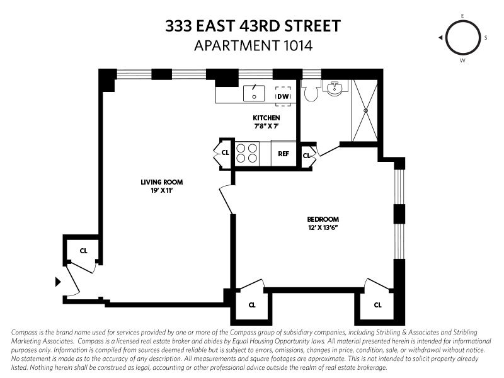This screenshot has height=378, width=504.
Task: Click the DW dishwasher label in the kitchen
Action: [x=283, y=96]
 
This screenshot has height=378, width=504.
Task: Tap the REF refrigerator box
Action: [x=283, y=153]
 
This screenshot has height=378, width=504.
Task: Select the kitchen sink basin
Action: [x=255, y=94]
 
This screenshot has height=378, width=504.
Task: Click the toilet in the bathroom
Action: [x=311, y=92]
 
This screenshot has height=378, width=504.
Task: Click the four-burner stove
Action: [x=247, y=154]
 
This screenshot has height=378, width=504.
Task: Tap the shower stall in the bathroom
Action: [x=364, y=110]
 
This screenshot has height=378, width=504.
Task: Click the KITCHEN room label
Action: [x=266, y=118]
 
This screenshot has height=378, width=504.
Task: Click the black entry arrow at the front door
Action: [x=58, y=282]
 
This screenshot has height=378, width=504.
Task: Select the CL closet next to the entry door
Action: [x=83, y=251]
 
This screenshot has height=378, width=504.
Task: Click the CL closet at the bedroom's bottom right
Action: [x=377, y=305]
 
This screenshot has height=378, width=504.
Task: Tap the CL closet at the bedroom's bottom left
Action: [x=252, y=305]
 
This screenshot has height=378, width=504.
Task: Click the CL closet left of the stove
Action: [x=224, y=152]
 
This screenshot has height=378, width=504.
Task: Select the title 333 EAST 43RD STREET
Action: [x=253, y=26]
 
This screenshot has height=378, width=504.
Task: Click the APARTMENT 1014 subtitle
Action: [x=253, y=45]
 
